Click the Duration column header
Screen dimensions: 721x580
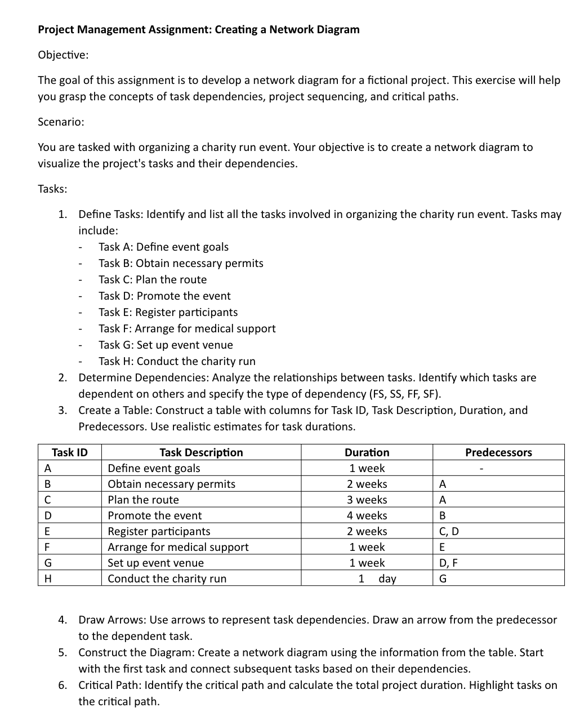[367, 452]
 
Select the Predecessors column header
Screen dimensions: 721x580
[498, 452]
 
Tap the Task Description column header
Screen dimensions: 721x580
[201, 452]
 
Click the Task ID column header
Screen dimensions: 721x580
[70, 452]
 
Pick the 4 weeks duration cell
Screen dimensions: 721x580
[367, 515]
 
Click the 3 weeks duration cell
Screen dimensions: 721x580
[367, 500]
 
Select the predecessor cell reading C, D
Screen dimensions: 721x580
[448, 531]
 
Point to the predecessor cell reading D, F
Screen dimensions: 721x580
[448, 563]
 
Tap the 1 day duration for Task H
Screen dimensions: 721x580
[377, 578]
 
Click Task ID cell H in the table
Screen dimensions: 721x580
[48, 578]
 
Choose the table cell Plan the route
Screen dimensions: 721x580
[143, 500]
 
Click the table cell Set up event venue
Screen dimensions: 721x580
[155, 563]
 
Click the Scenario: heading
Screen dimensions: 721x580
[61, 122]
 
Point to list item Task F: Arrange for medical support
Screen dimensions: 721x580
[187, 328]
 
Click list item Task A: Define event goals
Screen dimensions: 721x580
[163, 247]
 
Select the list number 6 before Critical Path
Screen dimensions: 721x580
[63, 685]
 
